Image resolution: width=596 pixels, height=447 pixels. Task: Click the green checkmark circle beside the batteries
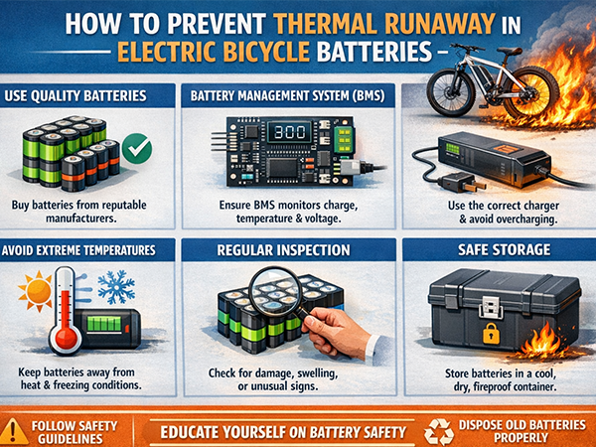pos(137,149)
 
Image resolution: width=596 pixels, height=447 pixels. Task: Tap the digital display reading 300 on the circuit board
pos(290,132)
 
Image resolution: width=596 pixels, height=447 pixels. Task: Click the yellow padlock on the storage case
pos(491,334)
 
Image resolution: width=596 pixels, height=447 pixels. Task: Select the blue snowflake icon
pos(116,287)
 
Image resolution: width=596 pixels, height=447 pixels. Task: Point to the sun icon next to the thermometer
pos(36,291)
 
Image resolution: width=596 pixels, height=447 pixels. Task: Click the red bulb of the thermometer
pos(66,336)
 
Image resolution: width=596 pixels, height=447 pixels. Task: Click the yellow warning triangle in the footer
pos(14,432)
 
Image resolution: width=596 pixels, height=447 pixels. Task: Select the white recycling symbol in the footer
pos(439,432)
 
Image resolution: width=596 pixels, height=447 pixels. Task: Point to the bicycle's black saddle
pos(510,51)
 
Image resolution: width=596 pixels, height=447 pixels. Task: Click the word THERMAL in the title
pos(326,24)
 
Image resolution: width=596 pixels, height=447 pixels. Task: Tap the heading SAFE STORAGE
pos(504,249)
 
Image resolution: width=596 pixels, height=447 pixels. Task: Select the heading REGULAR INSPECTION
pos(283,250)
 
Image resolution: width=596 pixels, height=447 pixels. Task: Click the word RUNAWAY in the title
pos(439,24)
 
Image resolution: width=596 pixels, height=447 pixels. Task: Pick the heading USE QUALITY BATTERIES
pos(75,95)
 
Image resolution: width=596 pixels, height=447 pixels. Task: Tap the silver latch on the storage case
pos(491,306)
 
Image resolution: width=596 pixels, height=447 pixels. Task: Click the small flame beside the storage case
pos(542,342)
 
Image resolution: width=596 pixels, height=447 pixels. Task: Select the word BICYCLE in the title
pos(266,51)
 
